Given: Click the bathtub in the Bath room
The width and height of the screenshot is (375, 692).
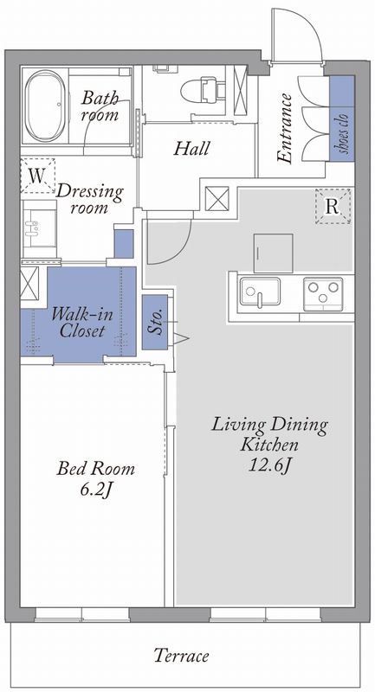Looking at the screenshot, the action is coord(46,106).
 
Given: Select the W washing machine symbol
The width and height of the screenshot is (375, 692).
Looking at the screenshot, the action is coord(37,176).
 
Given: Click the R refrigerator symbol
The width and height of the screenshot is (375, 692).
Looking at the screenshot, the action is coord(333,206).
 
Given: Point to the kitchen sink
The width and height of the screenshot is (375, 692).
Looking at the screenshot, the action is coord(260,292).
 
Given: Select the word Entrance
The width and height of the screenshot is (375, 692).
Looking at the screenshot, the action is coord(284,129).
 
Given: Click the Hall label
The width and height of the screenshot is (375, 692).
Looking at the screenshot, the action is coord(191,148).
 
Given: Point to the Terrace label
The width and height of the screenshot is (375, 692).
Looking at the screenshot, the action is coord(182,656).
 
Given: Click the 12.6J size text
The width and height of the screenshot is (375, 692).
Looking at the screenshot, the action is coord(269,465).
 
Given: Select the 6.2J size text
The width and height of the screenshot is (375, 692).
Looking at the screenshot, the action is coord(95,490).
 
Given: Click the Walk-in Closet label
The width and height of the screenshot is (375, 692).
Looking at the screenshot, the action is coord(82,323).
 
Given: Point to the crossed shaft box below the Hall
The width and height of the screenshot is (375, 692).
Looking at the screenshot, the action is coord(217,199).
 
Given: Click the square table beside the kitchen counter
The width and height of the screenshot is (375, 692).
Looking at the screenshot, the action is coord(274,253).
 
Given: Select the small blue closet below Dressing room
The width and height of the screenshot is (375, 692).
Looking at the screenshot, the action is coord(124,244).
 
